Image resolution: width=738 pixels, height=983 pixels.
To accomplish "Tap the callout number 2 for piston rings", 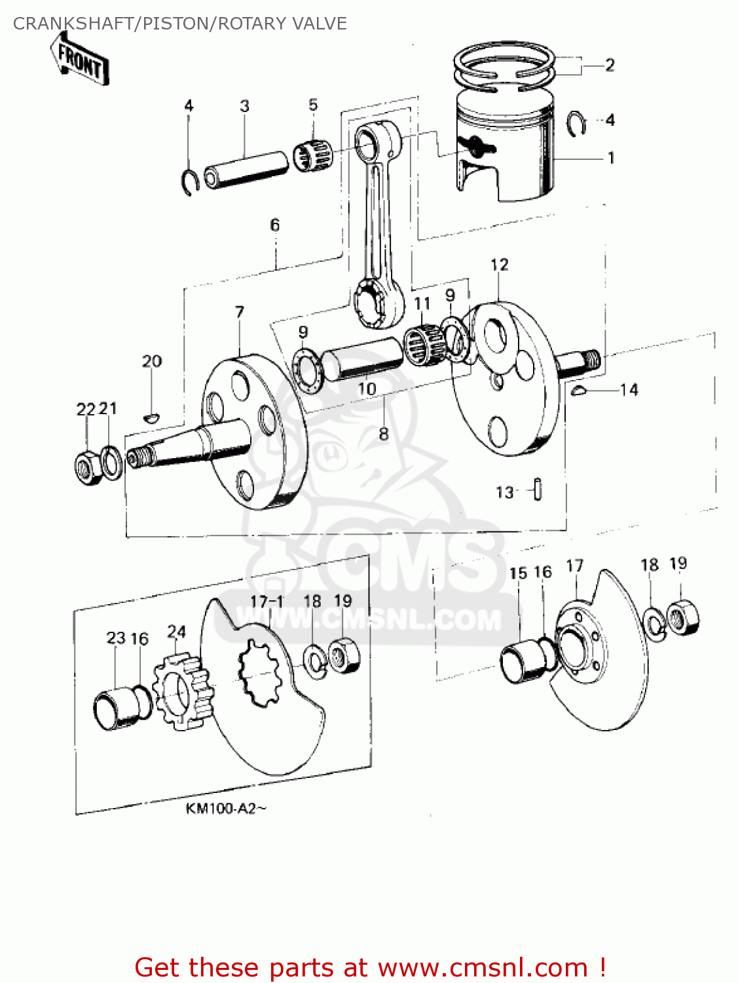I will [x=609, y=65].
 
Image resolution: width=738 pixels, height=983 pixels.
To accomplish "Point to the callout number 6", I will [x=275, y=225].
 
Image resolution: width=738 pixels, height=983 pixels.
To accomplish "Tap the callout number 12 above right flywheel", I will [x=499, y=265].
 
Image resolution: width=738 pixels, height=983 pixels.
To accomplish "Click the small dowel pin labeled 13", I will [x=538, y=490].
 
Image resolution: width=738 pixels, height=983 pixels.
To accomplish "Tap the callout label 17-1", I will [x=267, y=601].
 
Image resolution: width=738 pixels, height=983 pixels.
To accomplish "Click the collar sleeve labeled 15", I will [x=522, y=663].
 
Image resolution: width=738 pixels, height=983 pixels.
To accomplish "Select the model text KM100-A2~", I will [x=226, y=808].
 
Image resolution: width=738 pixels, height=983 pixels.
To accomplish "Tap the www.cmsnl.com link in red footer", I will [x=483, y=967].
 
